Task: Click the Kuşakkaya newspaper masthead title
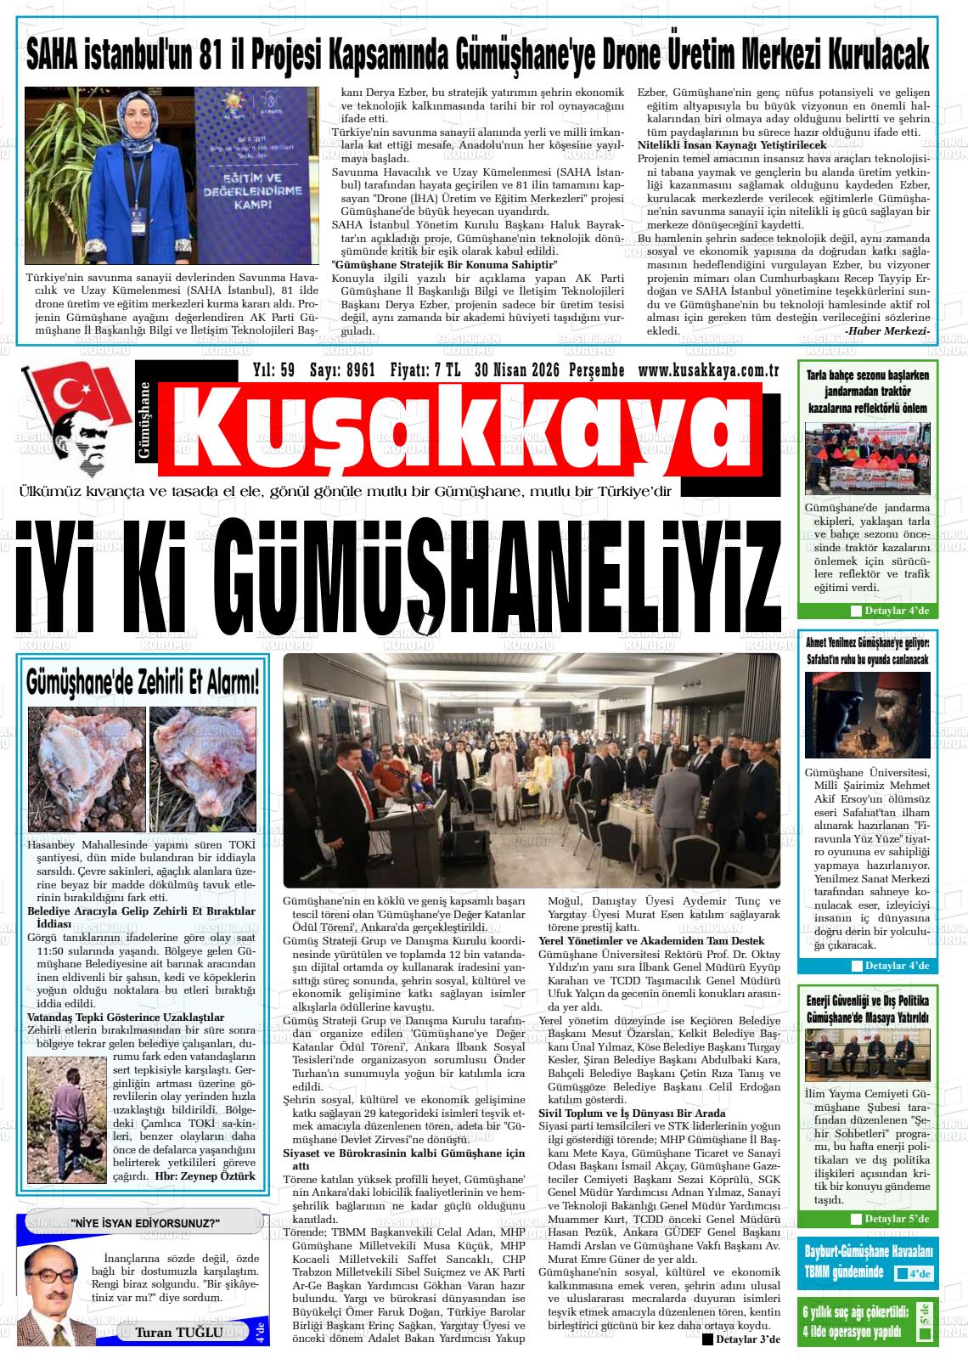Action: point(463,429)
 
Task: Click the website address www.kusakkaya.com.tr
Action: point(708,370)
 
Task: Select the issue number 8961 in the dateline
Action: point(360,370)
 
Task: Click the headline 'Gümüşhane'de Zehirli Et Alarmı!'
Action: point(143,682)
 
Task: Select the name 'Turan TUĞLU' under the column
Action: point(179,1332)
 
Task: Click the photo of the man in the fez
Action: point(867,714)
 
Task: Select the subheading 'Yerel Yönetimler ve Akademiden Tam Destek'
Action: point(651,941)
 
